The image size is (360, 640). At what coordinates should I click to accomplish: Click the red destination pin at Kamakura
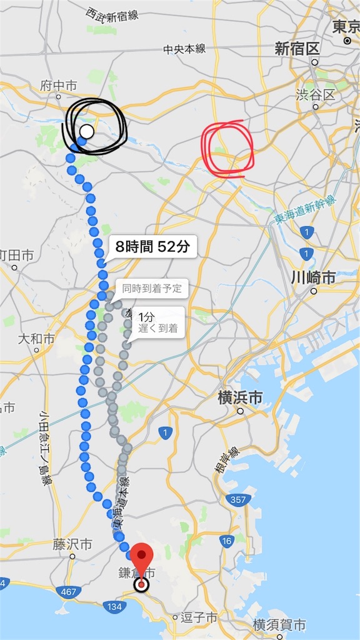[x=143, y=559]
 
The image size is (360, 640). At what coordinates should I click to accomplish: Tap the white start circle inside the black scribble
[x=87, y=132]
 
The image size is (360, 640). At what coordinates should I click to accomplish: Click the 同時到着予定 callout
[x=151, y=288]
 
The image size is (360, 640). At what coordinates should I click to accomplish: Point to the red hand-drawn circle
[x=226, y=148]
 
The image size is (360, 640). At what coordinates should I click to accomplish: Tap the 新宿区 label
[x=297, y=49]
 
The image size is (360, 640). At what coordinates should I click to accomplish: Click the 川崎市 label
[x=313, y=277]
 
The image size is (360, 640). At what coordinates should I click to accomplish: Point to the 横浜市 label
[x=239, y=397]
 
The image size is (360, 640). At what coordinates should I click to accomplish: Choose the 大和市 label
[x=36, y=339]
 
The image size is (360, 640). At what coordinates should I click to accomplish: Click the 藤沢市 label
[x=72, y=545]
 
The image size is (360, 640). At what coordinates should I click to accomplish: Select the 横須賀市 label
[x=279, y=624]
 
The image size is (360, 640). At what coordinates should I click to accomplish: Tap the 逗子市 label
[x=199, y=617]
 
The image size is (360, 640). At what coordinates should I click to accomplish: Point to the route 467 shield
[x=66, y=590]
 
